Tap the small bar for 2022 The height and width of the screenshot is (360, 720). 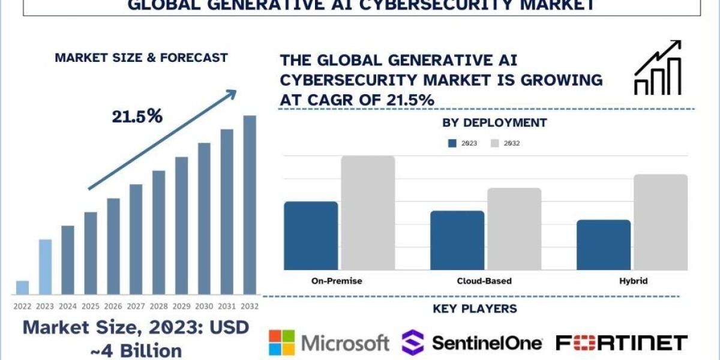coord(22,287)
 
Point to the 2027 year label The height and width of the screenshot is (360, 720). coord(136,306)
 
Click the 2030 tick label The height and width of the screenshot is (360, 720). coord(204,306)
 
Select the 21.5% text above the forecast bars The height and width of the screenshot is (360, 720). coord(137,116)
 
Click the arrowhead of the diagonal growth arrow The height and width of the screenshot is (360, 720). coord(231,94)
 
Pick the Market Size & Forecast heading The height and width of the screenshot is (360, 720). coord(141,58)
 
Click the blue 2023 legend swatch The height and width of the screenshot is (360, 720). coord(452,143)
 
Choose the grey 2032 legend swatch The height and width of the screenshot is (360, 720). coord(495,143)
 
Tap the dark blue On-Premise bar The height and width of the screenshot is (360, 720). coord(311,235)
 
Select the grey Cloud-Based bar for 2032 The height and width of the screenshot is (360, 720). coord(514,229)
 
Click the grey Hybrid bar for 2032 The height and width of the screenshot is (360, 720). coord(661,222)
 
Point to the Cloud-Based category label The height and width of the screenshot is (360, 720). coord(484,281)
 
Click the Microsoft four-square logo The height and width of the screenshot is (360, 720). coord(282,343)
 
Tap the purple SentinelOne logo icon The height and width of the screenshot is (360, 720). coord(412,343)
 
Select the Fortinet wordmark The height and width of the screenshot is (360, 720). coord(622,343)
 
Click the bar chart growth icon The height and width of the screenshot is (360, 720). coord(658,68)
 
